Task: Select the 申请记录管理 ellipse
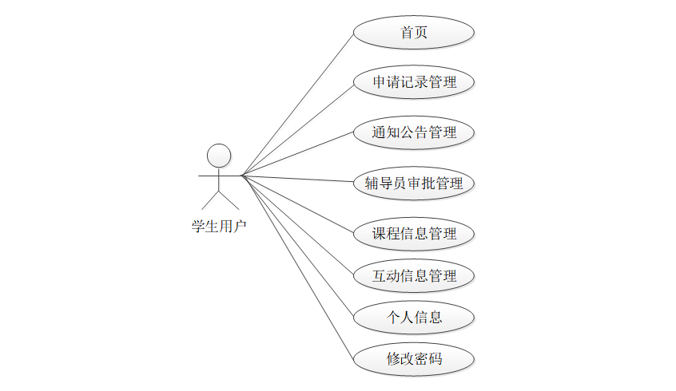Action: tap(414, 82)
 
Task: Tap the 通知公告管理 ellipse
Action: tap(414, 132)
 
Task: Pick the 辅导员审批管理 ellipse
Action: tap(414, 184)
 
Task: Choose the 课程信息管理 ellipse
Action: tap(414, 234)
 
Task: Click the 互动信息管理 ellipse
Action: tap(414, 276)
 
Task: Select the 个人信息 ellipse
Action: tap(414, 318)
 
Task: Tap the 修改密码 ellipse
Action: tap(414, 359)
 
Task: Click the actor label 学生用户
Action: tap(218, 227)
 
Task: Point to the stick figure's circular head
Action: tap(219, 154)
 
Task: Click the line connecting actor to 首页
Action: tap(297, 104)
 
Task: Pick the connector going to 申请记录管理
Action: tap(297, 128)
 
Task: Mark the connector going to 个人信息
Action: tap(297, 247)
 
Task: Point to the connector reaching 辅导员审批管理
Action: tap(297, 179)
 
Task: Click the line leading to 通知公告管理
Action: tap(297, 154)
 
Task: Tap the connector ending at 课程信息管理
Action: tap(297, 204)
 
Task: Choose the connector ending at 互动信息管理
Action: tap(297, 226)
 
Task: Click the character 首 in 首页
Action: tap(407, 33)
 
